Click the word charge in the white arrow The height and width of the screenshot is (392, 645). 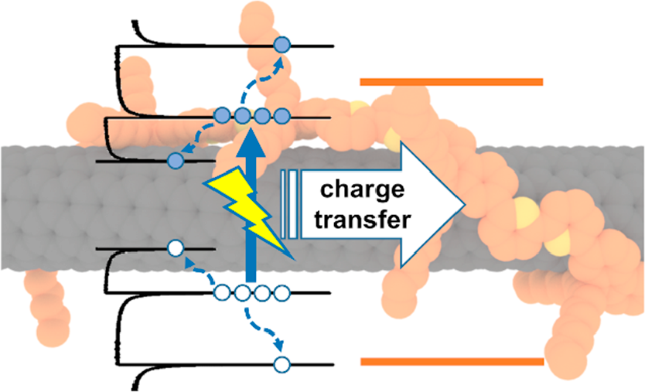(x=363, y=189)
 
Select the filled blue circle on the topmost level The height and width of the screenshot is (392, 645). (x=282, y=46)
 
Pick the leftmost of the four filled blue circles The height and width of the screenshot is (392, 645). (x=224, y=118)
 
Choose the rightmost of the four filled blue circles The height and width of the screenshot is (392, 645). (x=282, y=118)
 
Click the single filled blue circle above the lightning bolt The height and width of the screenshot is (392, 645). (x=175, y=160)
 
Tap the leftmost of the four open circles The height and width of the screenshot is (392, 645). (x=223, y=293)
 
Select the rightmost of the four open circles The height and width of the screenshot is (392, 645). (x=282, y=293)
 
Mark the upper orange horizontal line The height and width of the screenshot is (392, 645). (x=452, y=81)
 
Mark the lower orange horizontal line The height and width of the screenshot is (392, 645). (x=452, y=361)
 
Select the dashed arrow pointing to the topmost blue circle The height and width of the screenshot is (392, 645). (x=263, y=81)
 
